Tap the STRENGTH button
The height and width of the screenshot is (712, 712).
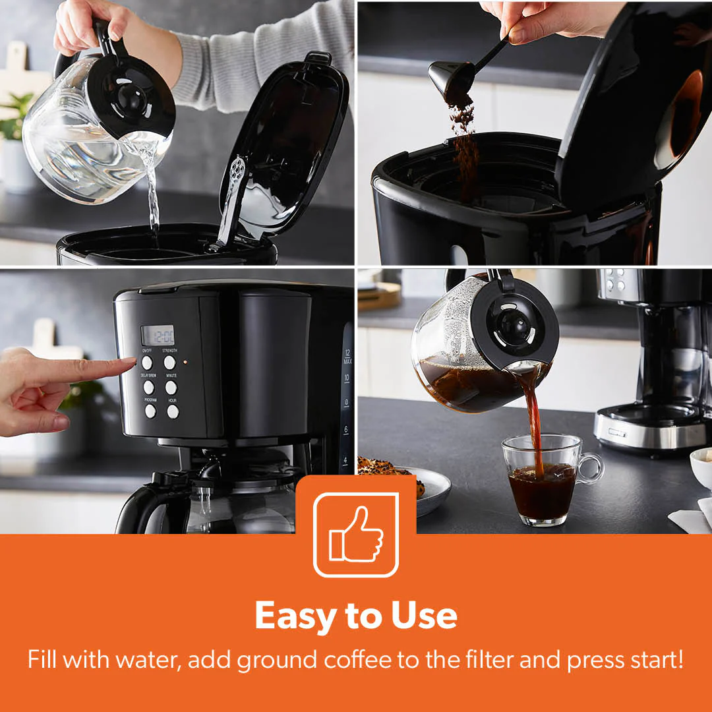(169, 362)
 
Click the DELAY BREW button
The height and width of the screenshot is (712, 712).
(149, 387)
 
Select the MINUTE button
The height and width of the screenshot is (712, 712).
(171, 387)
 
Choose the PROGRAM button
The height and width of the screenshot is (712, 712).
(150, 411)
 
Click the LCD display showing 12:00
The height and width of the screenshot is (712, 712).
(158, 334)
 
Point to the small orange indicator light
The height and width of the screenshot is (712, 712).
(185, 362)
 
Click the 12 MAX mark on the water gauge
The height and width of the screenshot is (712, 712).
(347, 359)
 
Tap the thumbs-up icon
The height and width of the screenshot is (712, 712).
(356, 535)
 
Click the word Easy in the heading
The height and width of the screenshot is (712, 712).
(293, 616)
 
